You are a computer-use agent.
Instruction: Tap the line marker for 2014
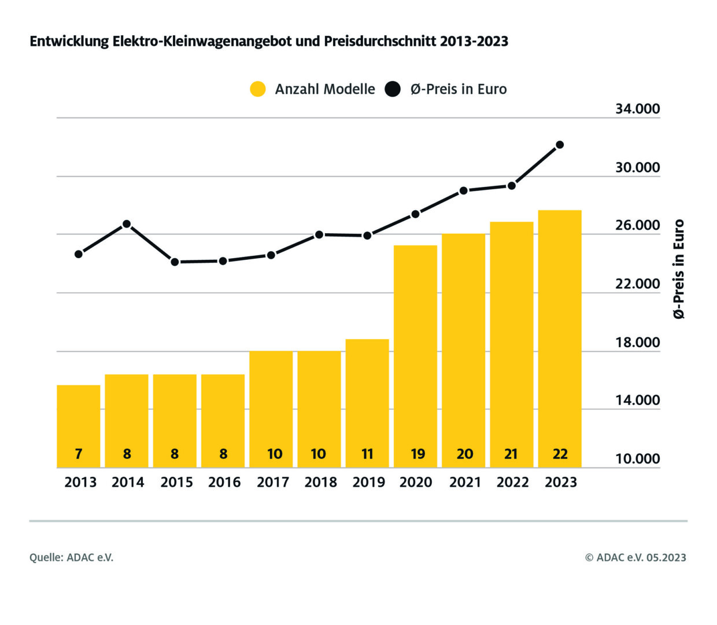click(127, 224)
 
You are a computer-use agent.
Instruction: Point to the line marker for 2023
click(560, 145)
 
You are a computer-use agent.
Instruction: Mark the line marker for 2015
click(175, 262)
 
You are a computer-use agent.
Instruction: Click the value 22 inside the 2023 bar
click(560, 454)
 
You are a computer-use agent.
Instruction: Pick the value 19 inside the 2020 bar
click(417, 454)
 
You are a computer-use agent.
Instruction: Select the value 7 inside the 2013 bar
click(79, 454)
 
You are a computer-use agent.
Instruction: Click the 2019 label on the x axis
click(368, 482)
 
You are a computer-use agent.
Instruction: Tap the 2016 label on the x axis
click(224, 482)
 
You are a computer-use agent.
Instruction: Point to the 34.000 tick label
click(637, 109)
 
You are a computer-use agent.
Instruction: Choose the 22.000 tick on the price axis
click(637, 284)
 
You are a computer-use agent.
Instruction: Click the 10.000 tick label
click(637, 459)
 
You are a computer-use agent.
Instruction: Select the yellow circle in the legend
click(258, 89)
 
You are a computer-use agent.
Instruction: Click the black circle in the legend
click(393, 89)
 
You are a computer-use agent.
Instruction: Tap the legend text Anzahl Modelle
click(325, 89)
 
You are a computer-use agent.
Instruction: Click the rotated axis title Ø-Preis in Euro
click(679, 269)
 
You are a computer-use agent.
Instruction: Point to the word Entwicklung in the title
click(69, 42)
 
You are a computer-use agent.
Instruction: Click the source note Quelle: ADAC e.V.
click(72, 557)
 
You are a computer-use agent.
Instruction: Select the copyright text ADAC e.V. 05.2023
click(635, 557)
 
